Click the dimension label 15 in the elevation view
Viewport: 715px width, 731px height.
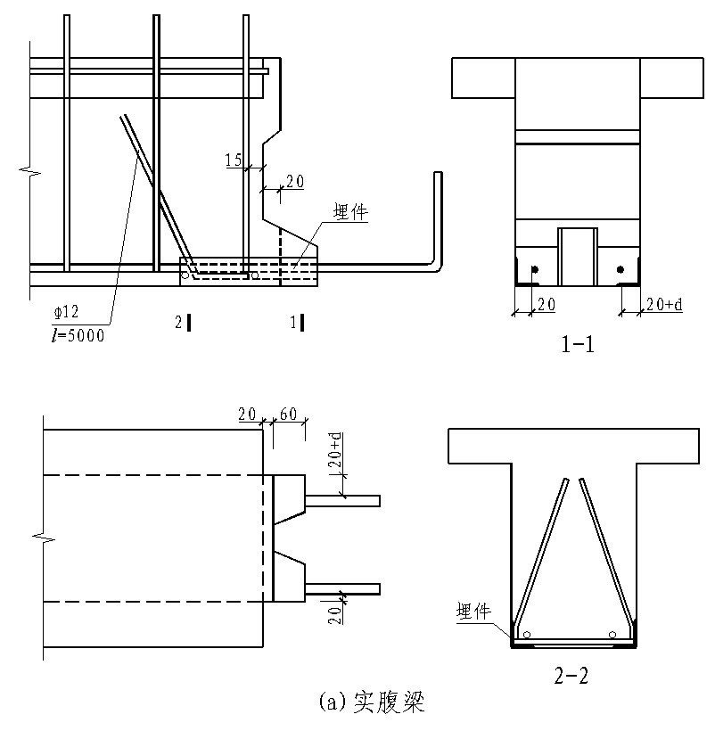click(x=234, y=160)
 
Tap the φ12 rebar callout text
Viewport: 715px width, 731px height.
click(x=66, y=313)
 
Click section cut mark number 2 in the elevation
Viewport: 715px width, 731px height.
click(x=180, y=322)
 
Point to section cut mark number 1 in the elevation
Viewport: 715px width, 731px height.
click(x=295, y=322)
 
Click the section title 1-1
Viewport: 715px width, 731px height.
click(x=577, y=343)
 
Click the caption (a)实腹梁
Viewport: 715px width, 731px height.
click(x=370, y=704)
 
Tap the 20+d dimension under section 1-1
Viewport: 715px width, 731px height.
click(x=663, y=305)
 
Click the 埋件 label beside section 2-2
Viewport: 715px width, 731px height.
click(x=474, y=611)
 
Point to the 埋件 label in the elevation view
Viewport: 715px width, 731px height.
click(x=350, y=213)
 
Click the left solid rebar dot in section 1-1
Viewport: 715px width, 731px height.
click(x=533, y=268)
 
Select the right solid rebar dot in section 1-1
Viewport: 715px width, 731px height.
click(x=620, y=268)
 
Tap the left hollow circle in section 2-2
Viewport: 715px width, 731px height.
click(x=528, y=635)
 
